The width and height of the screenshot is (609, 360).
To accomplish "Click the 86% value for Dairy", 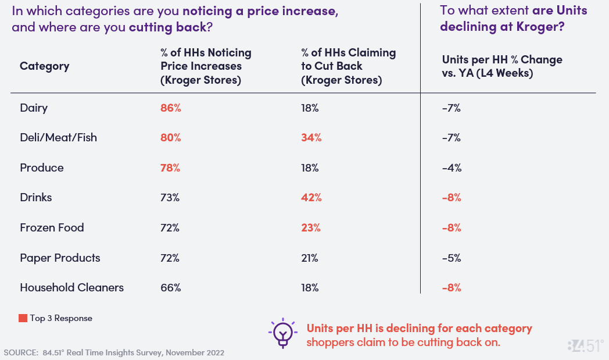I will click(x=171, y=108).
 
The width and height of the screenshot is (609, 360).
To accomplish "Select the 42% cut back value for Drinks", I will click(x=311, y=197).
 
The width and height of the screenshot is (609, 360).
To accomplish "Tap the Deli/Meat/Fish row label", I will click(x=58, y=138).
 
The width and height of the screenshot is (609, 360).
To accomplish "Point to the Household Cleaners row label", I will click(x=71, y=287).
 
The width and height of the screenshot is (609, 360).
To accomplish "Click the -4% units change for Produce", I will click(x=452, y=167).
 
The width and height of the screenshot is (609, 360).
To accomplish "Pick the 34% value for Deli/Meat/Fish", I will click(x=311, y=138).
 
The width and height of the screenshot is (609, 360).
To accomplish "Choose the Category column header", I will click(x=44, y=66).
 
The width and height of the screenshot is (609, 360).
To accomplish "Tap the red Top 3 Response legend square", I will click(x=23, y=318).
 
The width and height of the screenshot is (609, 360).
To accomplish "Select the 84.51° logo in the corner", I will click(x=585, y=345).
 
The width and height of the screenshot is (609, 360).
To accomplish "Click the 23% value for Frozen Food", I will click(x=310, y=227).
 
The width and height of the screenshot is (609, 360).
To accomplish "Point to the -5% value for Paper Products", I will click(x=452, y=258).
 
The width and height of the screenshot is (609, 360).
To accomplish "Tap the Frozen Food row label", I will click(x=52, y=227).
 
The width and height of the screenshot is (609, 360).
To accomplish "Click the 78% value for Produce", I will click(x=170, y=167).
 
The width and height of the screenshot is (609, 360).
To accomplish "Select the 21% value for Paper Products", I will click(x=310, y=258).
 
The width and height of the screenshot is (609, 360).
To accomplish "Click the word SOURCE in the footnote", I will click(x=20, y=352).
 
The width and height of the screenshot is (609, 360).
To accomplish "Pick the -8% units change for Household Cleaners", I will click(x=452, y=287).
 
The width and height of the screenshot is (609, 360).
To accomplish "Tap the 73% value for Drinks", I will click(x=170, y=197).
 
